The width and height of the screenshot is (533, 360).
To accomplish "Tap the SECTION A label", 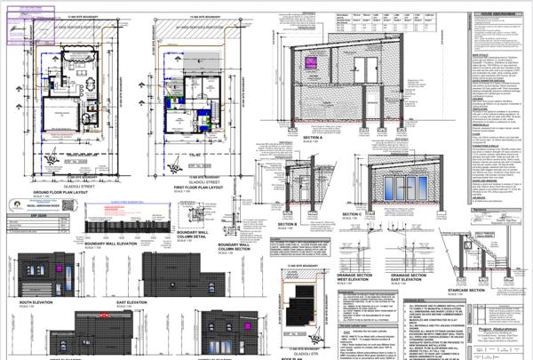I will tap(312, 138).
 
